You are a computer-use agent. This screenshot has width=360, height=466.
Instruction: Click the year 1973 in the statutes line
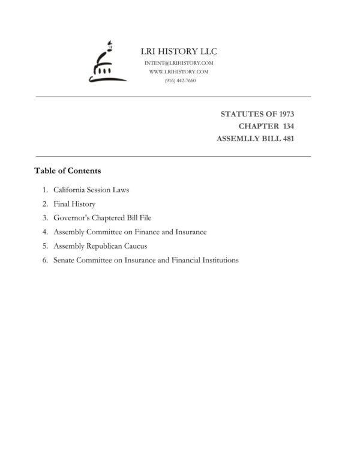click(x=284, y=113)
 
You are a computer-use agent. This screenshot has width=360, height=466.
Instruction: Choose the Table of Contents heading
click(x=67, y=171)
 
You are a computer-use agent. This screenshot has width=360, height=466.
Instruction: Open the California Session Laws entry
click(x=91, y=190)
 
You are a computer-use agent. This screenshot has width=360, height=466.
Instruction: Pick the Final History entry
click(x=74, y=204)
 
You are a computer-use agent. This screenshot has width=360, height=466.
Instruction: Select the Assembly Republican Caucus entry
click(x=100, y=246)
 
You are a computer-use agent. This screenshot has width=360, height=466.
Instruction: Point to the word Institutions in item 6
click(x=219, y=260)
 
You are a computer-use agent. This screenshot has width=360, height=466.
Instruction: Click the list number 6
click(x=45, y=260)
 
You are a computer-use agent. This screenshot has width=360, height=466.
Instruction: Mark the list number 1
click(x=45, y=190)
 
